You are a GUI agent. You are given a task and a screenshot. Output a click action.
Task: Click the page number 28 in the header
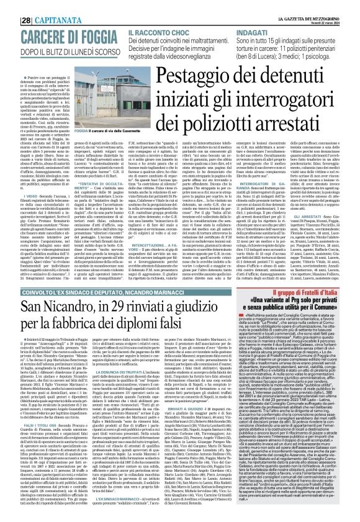point(10,6)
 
